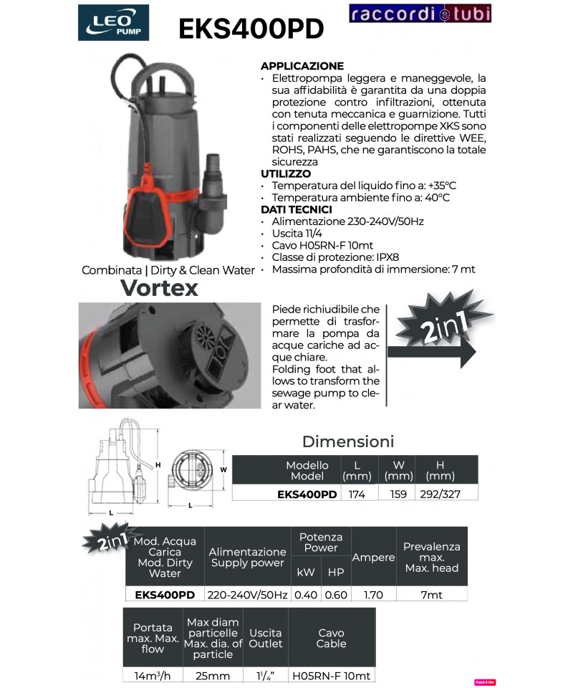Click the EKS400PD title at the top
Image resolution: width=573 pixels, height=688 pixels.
coord(251,29)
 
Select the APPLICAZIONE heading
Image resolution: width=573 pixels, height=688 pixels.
coord(302,66)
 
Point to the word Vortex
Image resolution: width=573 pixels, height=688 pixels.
coord(159,288)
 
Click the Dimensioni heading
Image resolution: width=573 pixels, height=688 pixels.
coord(348,441)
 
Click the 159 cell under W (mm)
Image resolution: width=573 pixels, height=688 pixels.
coord(398,494)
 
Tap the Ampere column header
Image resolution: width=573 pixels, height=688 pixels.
coord(374,558)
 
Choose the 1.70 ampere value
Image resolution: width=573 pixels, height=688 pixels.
coord(374,595)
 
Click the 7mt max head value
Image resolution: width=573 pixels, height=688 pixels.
coord(431,595)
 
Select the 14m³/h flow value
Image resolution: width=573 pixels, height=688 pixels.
coord(153,676)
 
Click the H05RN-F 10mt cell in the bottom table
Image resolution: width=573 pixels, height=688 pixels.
coord(331,676)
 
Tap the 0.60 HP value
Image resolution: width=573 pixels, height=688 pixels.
coord(336,595)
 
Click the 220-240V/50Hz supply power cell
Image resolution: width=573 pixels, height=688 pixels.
coord(248,595)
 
